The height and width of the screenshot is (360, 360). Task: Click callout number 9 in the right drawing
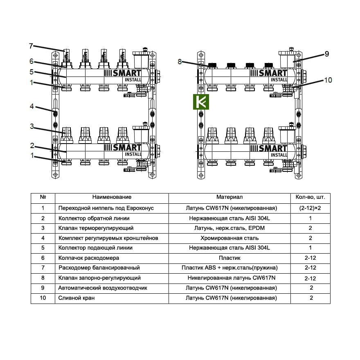(326, 54)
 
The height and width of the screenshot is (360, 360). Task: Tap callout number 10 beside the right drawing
(328, 80)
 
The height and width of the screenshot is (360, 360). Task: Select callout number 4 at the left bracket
(32, 107)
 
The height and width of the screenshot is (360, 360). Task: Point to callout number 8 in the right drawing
(180, 62)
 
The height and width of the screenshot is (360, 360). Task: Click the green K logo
(201, 101)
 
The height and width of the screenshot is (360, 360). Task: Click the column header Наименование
(112, 198)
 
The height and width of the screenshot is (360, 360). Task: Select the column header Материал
(229, 198)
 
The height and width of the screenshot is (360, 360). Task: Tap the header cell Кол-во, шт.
(310, 198)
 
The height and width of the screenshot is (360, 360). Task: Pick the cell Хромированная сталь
(229, 238)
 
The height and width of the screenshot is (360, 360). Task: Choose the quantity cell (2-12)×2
(310, 208)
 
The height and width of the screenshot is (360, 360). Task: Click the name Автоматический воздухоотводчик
(103, 288)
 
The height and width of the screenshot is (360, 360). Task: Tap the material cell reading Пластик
(229, 258)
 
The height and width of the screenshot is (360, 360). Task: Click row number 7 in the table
(43, 268)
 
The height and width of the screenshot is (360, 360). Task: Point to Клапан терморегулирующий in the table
(96, 228)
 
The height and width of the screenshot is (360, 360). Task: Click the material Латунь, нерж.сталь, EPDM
(229, 228)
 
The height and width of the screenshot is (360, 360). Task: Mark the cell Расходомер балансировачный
(99, 268)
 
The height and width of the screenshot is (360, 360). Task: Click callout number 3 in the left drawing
(32, 126)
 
